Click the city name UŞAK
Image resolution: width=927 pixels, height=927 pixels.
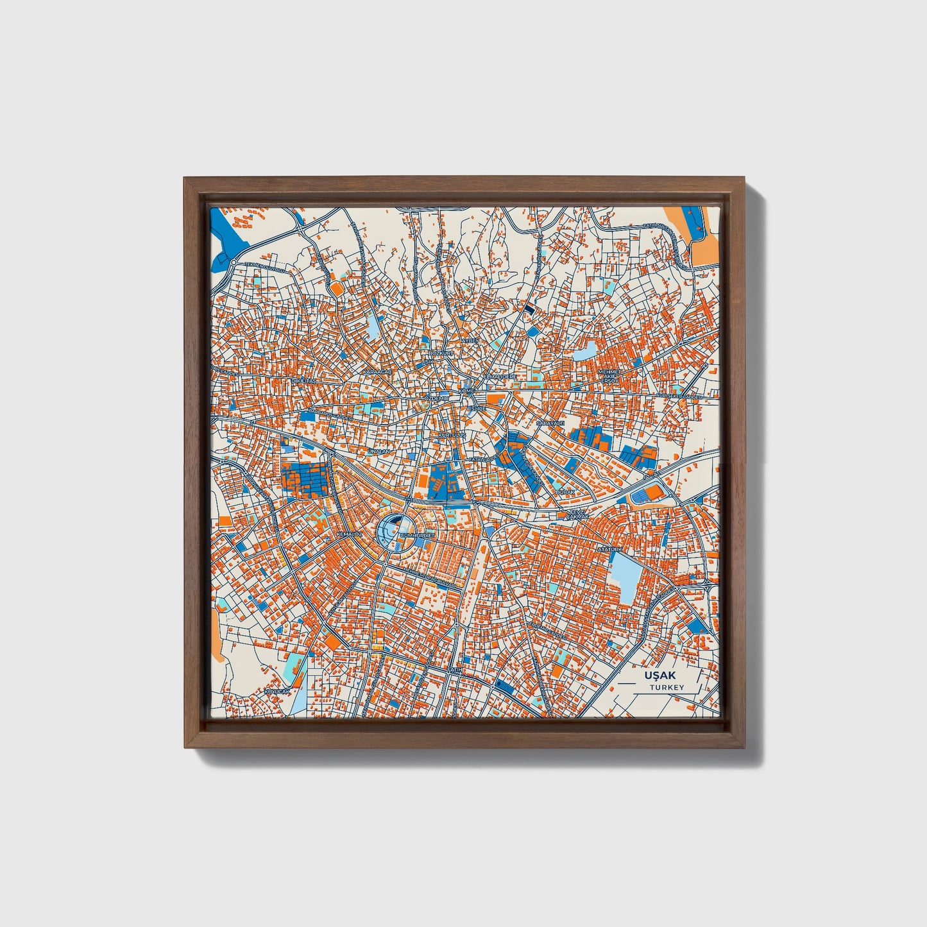point(659,676)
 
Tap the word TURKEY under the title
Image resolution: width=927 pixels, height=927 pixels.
point(667,687)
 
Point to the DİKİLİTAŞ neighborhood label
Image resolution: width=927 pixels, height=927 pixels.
point(304,380)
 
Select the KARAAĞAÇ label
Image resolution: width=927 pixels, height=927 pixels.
point(376,372)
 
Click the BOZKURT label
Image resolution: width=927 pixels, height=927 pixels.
point(441,353)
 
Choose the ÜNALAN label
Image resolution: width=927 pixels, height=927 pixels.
point(378,452)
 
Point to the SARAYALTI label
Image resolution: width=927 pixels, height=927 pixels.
point(550,424)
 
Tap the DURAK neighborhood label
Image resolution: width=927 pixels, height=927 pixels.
point(565,491)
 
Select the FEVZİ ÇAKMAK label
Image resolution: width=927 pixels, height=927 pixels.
point(576,515)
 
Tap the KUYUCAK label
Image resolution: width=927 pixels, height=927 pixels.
point(278,692)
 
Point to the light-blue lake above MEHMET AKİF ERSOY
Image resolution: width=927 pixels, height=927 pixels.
point(585,351)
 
